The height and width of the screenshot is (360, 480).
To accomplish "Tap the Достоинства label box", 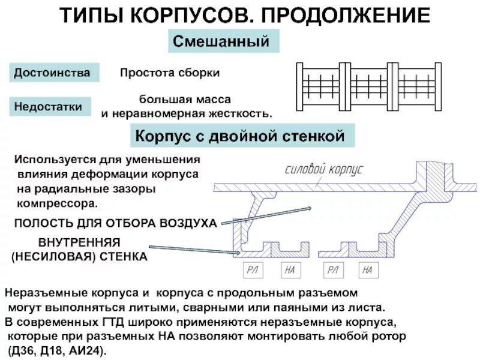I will tap(52, 73).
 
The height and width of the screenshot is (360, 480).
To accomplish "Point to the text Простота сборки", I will tap(170, 73).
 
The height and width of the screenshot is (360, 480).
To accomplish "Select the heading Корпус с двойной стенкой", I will tap(240, 136).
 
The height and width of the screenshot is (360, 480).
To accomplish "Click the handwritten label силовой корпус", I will tap(324, 169).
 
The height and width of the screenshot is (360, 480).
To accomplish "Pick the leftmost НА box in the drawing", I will tap(290, 271).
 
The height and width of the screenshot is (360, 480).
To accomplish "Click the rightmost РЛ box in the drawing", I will tap(332, 271).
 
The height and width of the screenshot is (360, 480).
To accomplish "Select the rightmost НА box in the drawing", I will tap(368, 271).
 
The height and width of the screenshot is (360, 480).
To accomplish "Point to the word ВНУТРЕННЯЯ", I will tap(80, 242).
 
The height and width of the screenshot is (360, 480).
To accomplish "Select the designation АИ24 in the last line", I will tap(89, 350).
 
